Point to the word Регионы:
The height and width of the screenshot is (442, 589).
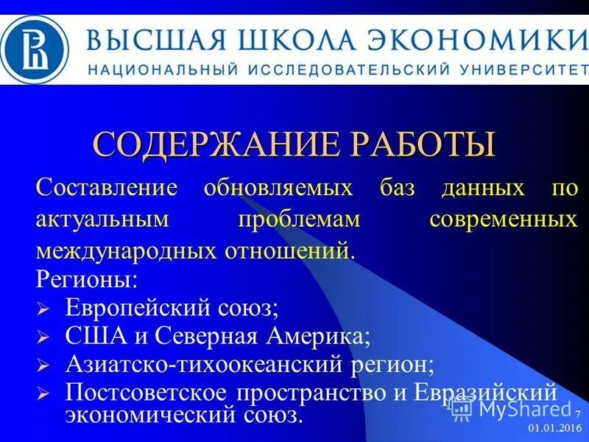pos(86,280)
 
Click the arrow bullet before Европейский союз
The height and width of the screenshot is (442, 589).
pos(43,309)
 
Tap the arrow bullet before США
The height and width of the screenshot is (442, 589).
pos(43,337)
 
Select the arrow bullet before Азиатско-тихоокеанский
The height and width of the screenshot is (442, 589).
pos(43,365)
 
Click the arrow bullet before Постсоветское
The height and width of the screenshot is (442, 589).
pos(43,393)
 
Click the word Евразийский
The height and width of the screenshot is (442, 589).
pos(493,390)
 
